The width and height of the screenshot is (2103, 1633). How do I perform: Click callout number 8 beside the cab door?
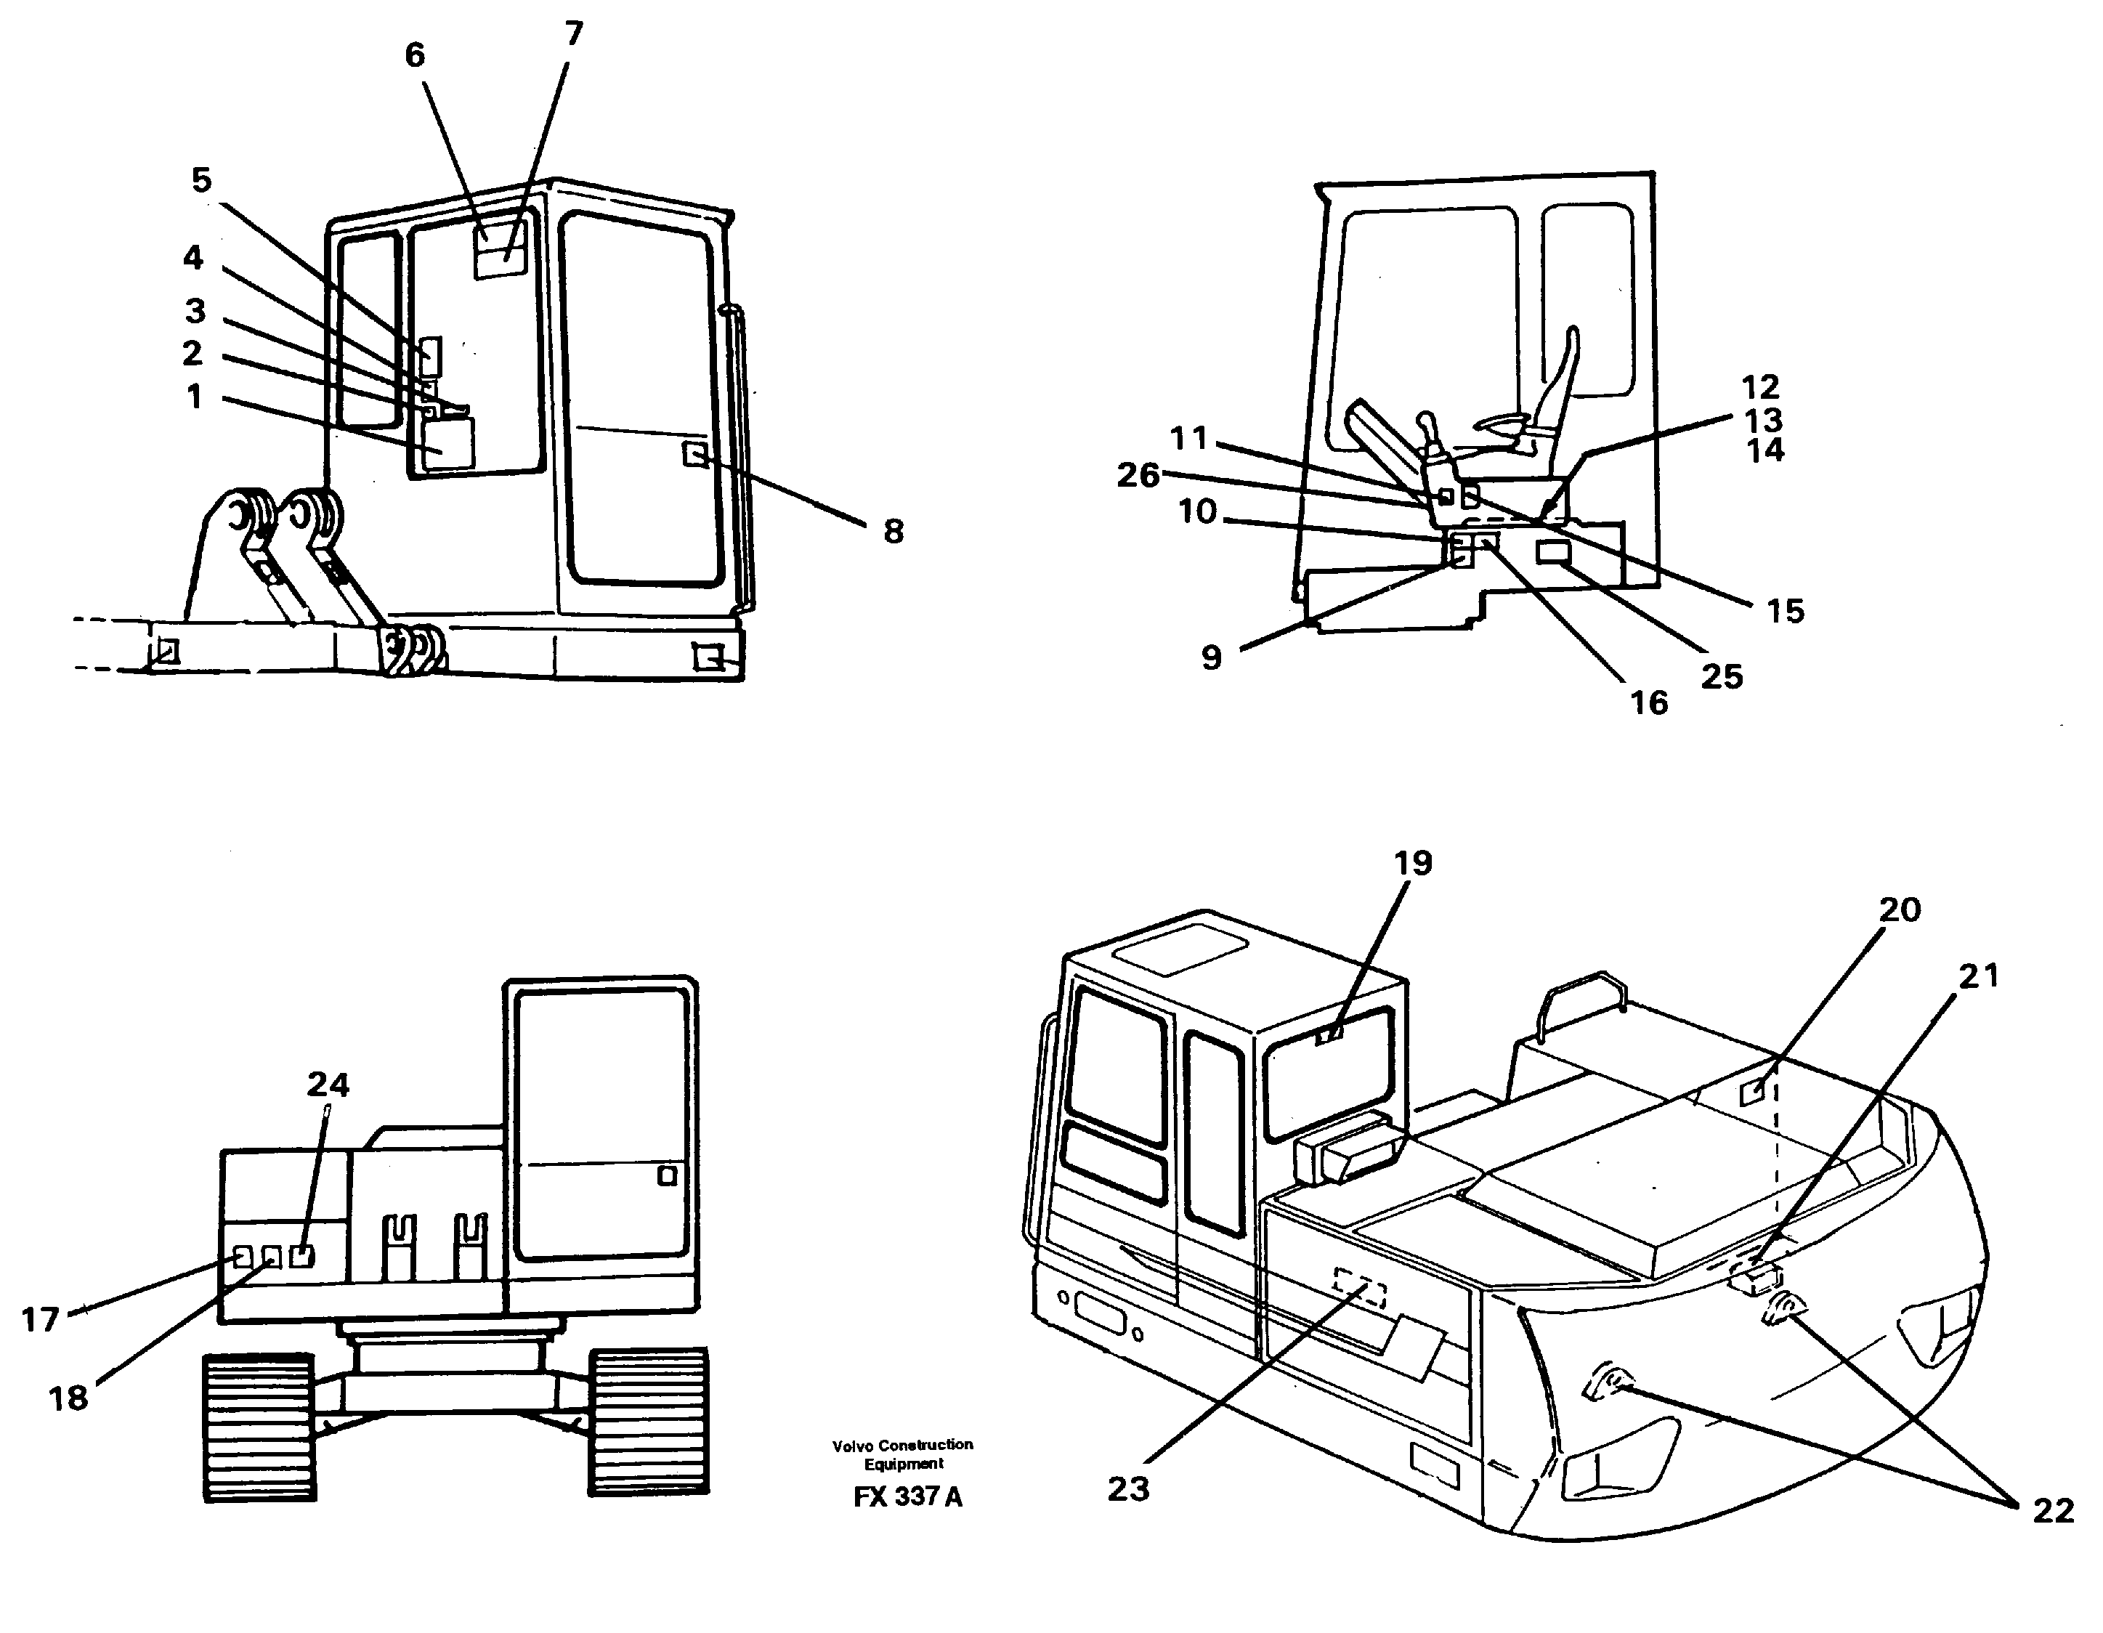893,532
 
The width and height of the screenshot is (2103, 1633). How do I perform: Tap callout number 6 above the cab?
414,56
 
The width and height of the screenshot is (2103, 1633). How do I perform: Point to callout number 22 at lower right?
2052,1511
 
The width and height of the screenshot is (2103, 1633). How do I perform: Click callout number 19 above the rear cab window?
1413,863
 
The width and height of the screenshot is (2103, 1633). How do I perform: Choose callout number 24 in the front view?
328,1085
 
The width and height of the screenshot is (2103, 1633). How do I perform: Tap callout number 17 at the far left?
41,1319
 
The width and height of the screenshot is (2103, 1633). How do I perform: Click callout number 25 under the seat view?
1722,677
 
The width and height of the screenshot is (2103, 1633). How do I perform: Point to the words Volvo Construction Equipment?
902,1454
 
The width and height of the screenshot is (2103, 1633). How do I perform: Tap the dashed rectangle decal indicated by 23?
1360,1288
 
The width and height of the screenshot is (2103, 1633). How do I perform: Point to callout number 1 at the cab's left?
195,397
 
